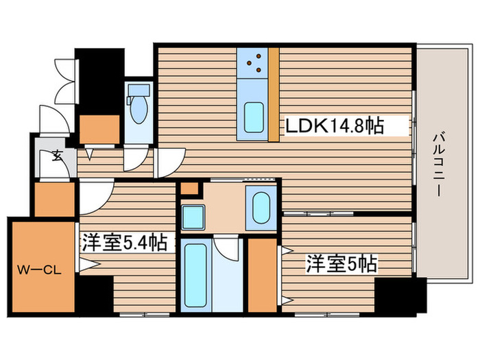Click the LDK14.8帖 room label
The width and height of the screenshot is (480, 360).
[334, 125]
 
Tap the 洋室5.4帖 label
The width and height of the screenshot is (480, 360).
[125, 243]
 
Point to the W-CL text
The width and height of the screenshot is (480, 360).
[39, 269]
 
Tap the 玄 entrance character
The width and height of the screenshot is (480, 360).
[56, 155]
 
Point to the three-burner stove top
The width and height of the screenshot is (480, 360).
[253, 62]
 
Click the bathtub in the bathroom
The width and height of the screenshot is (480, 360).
[197, 274]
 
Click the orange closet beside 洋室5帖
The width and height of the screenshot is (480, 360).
[261, 274]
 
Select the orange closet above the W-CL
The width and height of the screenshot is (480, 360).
[53, 199]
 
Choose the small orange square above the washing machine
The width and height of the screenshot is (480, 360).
[189, 187]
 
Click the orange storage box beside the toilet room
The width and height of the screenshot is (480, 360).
[99, 128]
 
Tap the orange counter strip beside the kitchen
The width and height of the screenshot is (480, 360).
[274, 93]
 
